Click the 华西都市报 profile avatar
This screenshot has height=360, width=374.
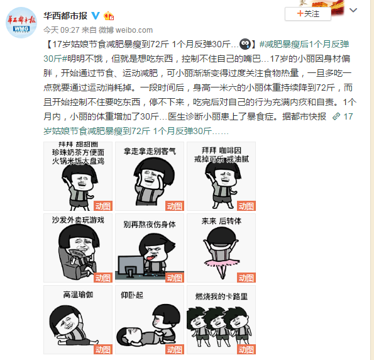coord(21,23)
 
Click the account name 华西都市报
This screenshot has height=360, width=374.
coord(65,16)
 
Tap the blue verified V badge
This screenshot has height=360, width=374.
coord(96,16)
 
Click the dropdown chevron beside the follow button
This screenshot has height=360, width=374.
coord(353,10)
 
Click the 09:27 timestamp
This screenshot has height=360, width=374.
coord(70,30)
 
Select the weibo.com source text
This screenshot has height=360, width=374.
coord(134,30)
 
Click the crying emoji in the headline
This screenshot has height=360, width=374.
coord(245,44)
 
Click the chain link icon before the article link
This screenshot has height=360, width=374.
coord(336,116)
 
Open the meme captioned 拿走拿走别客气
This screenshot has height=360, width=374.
coord(150,176)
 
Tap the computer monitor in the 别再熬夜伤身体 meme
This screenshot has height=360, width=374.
coord(131,266)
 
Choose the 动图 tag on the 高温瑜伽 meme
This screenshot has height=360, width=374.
coord(103,349)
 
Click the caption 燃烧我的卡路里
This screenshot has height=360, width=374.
coord(221,296)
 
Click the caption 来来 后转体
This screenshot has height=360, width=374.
coord(221,221)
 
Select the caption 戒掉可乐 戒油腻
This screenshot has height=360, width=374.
coord(221,159)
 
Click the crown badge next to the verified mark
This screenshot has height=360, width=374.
coord(109,16)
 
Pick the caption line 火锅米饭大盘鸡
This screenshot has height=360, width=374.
coord(78,161)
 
